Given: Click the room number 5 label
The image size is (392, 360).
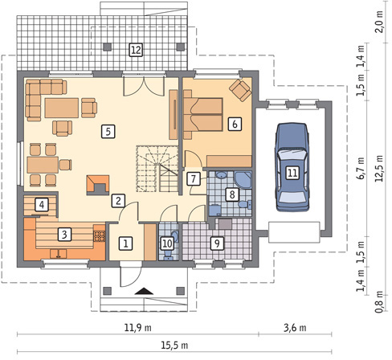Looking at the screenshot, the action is click(x=108, y=132).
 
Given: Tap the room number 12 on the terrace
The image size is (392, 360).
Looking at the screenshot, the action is click(x=136, y=50).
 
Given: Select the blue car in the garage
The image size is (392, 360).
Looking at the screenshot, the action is click(x=292, y=166).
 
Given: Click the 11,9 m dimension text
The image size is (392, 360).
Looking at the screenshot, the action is click(x=137, y=327).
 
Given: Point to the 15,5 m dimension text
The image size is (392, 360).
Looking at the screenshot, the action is click(x=174, y=346).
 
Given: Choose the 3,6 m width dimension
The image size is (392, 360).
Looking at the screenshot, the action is click(x=295, y=327).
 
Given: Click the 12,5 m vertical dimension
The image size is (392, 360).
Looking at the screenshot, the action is click(x=380, y=168).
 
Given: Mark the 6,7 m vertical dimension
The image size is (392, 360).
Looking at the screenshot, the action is click(x=361, y=168).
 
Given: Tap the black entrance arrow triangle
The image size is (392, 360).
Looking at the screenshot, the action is click(x=144, y=291).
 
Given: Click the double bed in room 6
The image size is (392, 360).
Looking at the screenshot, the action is click(x=203, y=114).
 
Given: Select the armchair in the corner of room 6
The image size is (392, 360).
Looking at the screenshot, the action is click(x=240, y=90).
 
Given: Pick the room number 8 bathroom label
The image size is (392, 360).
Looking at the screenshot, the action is click(x=232, y=194).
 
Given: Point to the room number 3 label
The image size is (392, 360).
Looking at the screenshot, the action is click(x=64, y=235).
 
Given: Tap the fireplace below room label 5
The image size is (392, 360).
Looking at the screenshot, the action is click(x=98, y=185).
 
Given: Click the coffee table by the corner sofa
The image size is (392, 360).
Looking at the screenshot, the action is click(x=62, y=108).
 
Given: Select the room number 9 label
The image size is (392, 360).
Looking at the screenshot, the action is click(x=217, y=243).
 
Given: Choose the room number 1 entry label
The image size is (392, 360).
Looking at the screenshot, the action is click(x=125, y=243).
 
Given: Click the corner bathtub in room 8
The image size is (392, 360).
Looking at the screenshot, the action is click(x=243, y=180).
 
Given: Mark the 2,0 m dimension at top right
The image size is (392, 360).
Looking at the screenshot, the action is click(x=380, y=22).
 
